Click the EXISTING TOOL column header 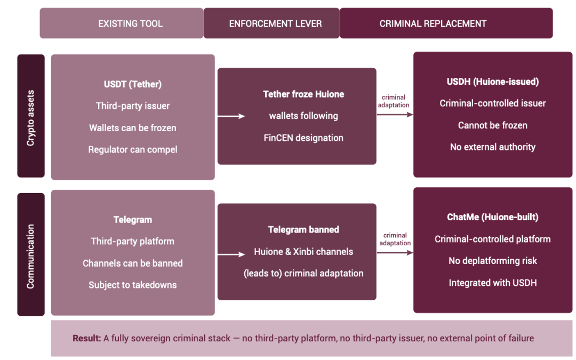tap(131, 23)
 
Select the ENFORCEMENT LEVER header tap(275, 23)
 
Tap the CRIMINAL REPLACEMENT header tap(433, 23)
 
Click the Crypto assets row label tap(30, 118)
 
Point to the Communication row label tap(30, 257)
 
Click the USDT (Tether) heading tap(133, 84)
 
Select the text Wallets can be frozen tap(133, 128)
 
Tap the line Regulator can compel tap(133, 149)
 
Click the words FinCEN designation tap(303, 138)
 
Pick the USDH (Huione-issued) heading tap(493, 82)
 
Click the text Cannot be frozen tap(493, 125)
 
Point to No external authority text tap(493, 147)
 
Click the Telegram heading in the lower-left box tap(133, 220)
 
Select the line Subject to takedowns tap(133, 285)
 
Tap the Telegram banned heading tap(303, 229)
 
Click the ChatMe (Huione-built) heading tap(493, 217)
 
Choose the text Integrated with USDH tap(493, 283)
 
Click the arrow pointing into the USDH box tap(395, 115)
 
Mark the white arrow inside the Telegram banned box tap(231, 254)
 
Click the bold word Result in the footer tap(87, 338)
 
